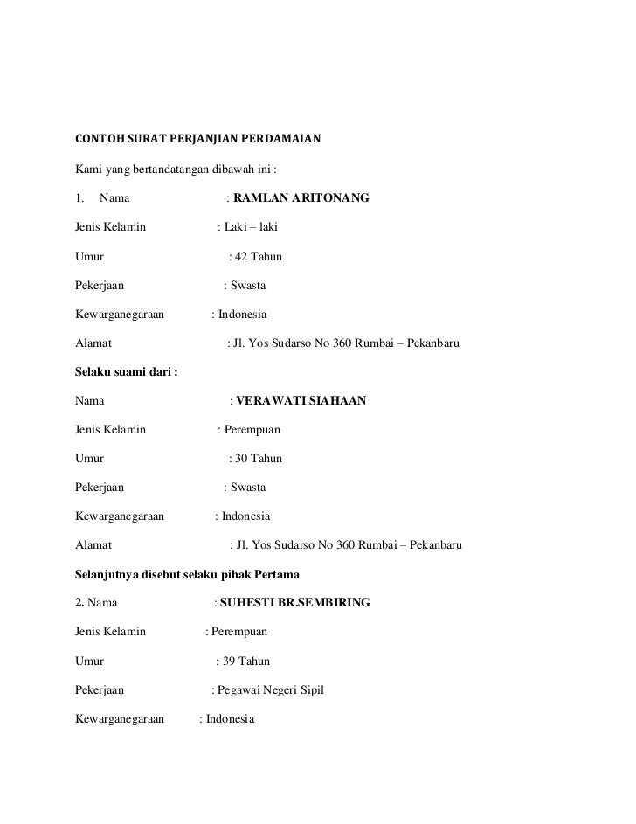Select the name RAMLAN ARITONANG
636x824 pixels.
pos(301,199)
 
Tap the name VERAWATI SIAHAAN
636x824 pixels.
pos(301,401)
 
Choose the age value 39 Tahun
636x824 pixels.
pos(247,661)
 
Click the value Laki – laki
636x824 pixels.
pos(251,228)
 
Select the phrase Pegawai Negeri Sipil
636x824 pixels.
pos(272,689)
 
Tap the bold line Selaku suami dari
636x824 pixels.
pos(126,372)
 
